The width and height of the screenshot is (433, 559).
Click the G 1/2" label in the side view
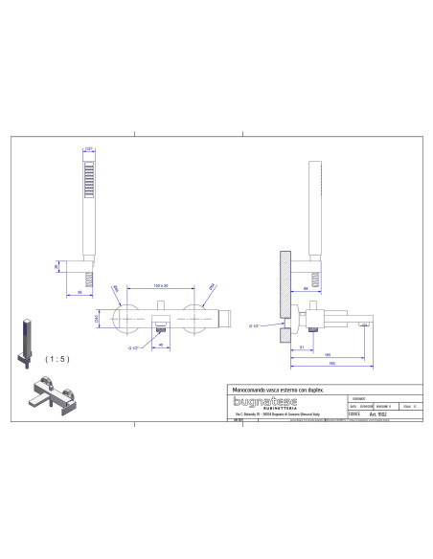(256, 327)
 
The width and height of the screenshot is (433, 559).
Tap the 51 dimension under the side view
(301, 348)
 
